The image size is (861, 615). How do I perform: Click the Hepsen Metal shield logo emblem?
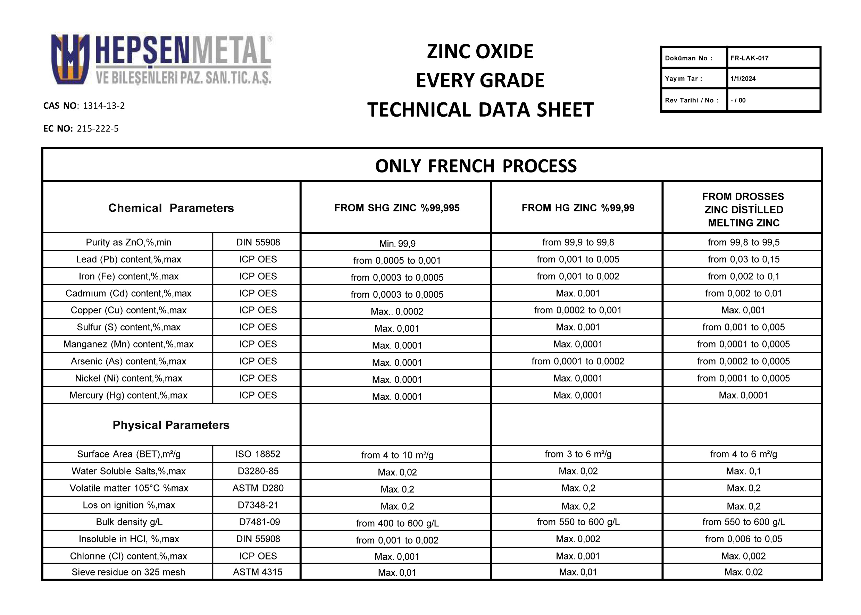70,59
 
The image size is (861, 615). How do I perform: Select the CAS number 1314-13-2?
103,106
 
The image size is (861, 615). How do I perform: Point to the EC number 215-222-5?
97,129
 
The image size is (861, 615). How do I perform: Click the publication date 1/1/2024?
743,79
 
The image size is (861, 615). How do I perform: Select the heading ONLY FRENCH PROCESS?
476,166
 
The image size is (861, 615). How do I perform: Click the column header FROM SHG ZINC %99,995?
396,208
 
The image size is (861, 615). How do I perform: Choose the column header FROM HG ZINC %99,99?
578,208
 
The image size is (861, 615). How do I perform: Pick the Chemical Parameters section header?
171,208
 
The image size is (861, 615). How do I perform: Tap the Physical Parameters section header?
171,425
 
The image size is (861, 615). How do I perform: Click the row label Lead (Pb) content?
128,259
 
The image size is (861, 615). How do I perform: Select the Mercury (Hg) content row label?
128,395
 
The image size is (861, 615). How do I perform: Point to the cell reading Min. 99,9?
397,244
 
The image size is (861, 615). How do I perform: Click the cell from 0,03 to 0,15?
743,259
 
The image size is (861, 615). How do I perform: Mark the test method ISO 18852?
258,454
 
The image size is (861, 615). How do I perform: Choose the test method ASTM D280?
258,488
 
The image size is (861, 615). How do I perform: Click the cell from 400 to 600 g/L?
397,523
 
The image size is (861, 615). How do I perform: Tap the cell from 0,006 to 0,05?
743,539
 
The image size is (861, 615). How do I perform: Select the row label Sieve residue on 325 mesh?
128,572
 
